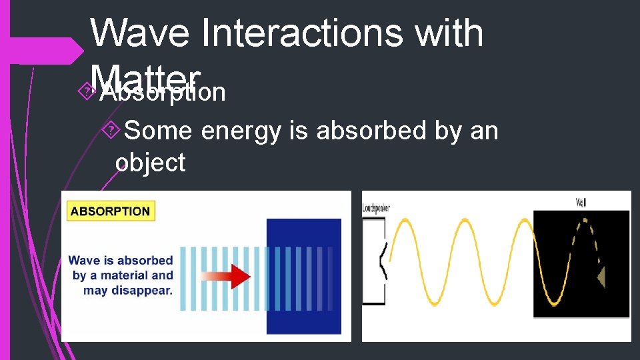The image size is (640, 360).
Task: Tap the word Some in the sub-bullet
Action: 158,131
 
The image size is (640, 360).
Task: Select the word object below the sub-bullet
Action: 150,162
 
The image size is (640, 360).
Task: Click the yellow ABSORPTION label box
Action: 111,211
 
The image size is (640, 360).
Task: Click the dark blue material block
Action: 303,276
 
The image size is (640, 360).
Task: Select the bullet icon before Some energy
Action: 113,131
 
